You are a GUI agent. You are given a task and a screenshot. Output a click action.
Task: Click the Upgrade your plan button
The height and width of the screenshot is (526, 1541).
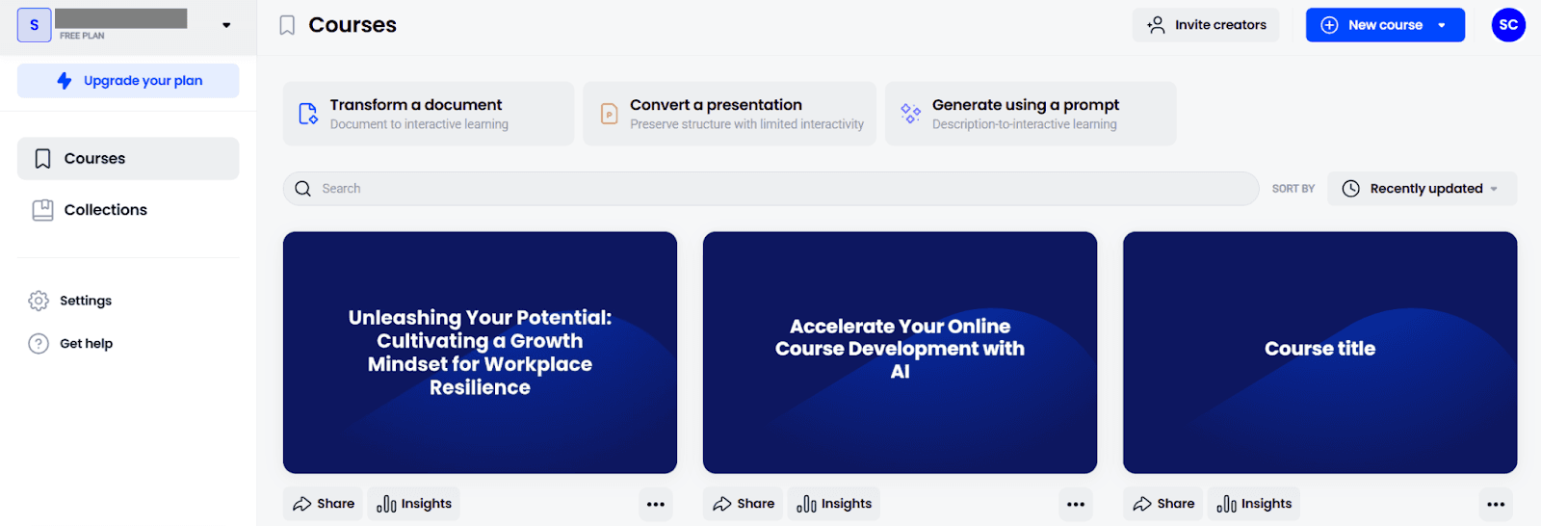pyautogui.click(x=128, y=81)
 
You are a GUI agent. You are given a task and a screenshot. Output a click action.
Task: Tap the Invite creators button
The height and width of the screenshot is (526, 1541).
pyautogui.click(x=1206, y=25)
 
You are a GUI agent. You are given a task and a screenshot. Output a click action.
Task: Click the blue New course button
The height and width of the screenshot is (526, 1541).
pyautogui.click(x=1385, y=25)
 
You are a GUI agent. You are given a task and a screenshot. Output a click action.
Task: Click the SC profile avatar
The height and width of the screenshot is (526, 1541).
pyautogui.click(x=1508, y=25)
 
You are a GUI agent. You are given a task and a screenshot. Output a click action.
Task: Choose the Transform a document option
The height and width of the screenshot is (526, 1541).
pyautogui.click(x=428, y=114)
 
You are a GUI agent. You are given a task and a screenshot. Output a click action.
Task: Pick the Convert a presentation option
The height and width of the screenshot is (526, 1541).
pyautogui.click(x=729, y=114)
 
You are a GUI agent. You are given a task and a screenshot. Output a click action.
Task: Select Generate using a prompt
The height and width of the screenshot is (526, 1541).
pyautogui.click(x=1031, y=114)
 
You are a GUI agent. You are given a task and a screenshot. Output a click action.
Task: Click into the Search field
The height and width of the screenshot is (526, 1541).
pyautogui.click(x=770, y=189)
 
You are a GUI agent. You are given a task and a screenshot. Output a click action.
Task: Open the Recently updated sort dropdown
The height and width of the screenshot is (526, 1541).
pyautogui.click(x=1422, y=189)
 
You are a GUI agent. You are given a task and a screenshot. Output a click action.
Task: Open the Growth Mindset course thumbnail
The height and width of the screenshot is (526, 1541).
pyautogui.click(x=480, y=353)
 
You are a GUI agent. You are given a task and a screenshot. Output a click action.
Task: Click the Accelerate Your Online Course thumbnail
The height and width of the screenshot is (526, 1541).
pyautogui.click(x=900, y=353)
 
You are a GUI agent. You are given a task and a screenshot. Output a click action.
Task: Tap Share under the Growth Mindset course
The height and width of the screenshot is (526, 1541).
pyautogui.click(x=323, y=504)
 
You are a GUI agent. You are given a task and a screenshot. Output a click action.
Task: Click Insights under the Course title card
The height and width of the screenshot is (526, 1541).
pyautogui.click(x=1253, y=504)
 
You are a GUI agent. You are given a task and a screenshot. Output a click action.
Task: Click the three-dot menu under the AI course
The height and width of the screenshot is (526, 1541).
pyautogui.click(x=1076, y=505)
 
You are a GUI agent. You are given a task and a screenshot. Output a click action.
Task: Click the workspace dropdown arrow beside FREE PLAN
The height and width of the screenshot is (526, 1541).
pyautogui.click(x=226, y=25)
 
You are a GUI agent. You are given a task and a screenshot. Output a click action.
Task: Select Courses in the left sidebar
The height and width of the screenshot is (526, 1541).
pyautogui.click(x=128, y=158)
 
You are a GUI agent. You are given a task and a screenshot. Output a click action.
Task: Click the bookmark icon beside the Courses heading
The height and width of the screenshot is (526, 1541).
pyautogui.click(x=287, y=25)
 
